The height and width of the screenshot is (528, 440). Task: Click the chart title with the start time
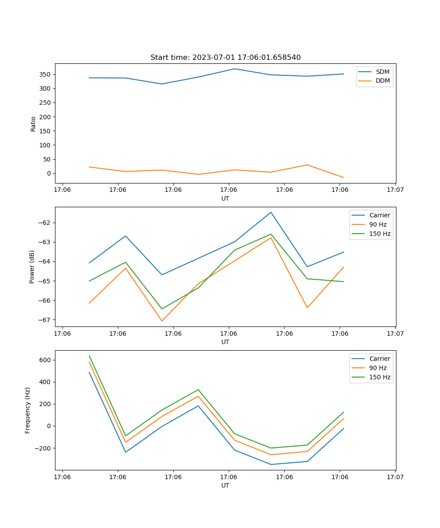click(x=225, y=58)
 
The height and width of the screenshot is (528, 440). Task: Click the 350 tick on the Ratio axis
click(x=46, y=74)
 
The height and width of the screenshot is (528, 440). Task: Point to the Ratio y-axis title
click(x=33, y=124)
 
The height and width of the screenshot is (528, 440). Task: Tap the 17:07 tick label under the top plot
click(x=395, y=190)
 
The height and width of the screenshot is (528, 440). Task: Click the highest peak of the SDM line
click(x=235, y=69)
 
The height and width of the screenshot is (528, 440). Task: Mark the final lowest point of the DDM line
click(x=344, y=178)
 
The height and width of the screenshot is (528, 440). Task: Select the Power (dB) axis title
click(x=32, y=267)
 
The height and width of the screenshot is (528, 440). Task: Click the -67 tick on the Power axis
click(x=46, y=320)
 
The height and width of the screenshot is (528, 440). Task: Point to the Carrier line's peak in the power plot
click(x=271, y=212)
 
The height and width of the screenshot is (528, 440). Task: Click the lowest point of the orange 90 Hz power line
click(x=162, y=321)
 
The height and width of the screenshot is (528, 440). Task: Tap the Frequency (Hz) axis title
click(x=28, y=410)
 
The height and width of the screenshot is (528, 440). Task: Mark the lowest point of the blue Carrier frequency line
click(x=271, y=464)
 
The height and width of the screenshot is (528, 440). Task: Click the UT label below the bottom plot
click(x=225, y=486)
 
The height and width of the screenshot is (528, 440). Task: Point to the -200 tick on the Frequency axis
click(x=44, y=448)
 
